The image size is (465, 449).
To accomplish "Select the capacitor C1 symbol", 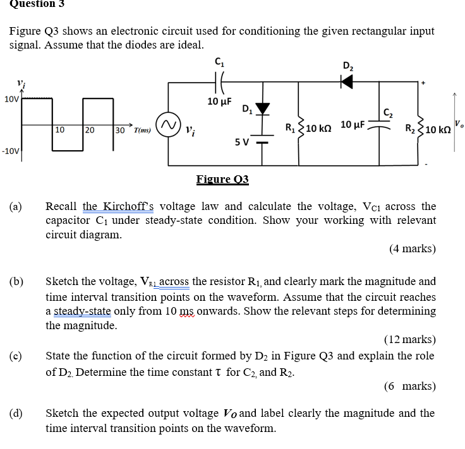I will tap(219, 81).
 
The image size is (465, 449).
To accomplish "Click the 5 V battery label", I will tap(242, 141).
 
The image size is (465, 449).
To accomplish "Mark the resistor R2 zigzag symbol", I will tap(420, 129).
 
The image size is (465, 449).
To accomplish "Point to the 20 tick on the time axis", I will tap(90, 130).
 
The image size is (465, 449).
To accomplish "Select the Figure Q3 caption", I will tap(222, 180).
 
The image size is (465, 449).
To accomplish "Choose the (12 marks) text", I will tap(409, 340).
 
